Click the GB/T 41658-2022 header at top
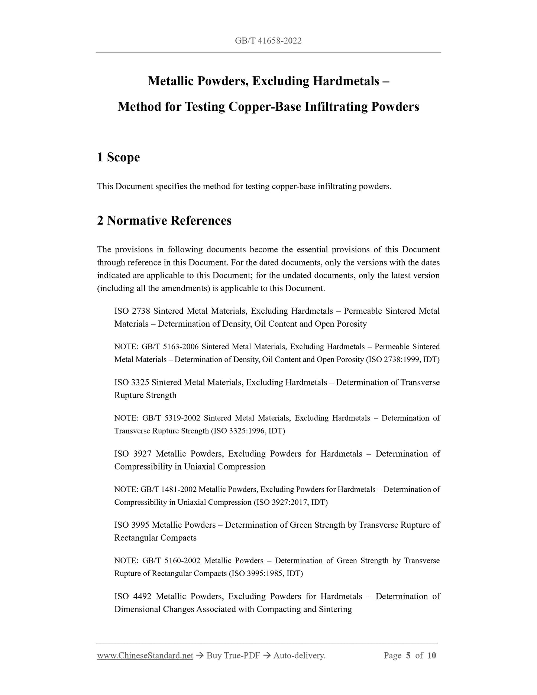(268, 41)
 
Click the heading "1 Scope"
(119, 157)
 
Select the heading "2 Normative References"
(164, 221)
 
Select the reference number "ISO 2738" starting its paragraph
(132, 311)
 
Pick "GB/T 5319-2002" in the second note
(171, 418)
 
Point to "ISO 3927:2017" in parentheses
(281, 502)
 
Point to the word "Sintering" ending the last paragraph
(335, 610)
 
